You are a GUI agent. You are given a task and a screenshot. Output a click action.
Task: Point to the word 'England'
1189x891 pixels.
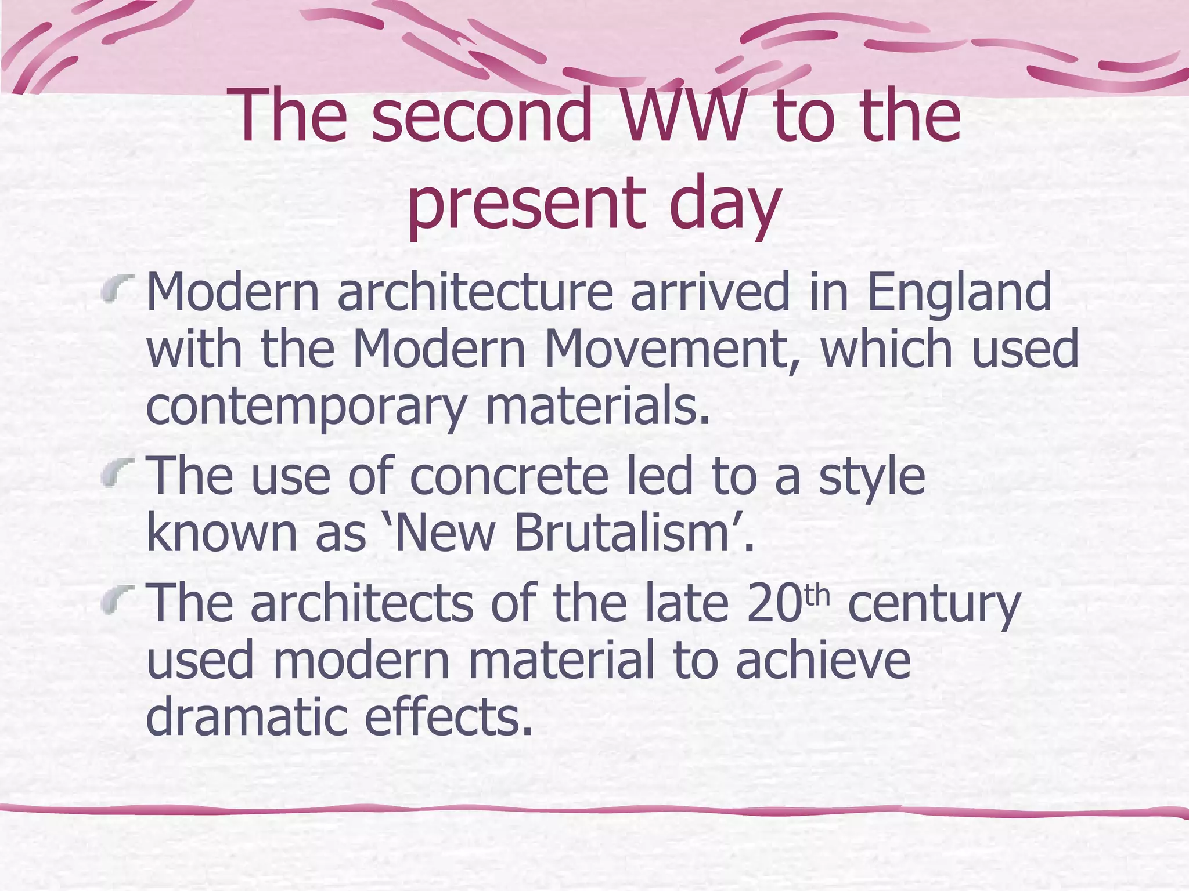(x=959, y=292)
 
